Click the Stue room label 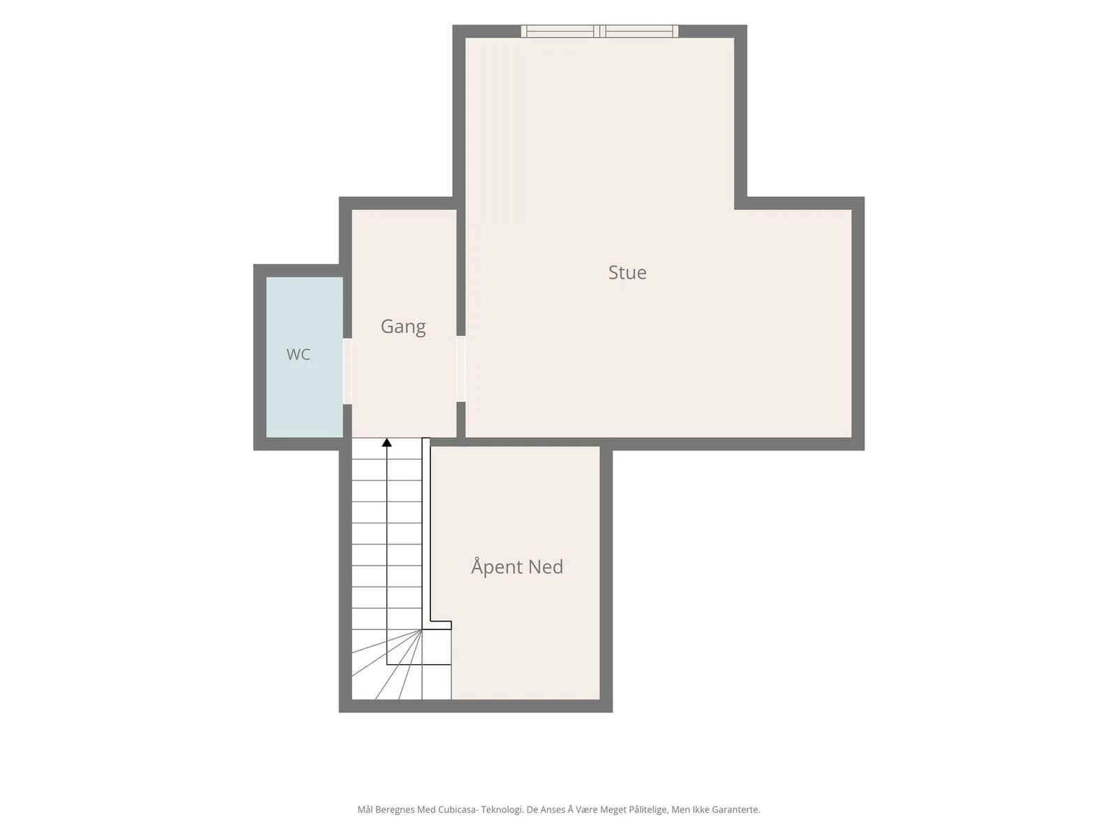pyautogui.click(x=627, y=272)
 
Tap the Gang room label pyautogui.click(x=403, y=327)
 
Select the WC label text pyautogui.click(x=298, y=354)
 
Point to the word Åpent pyautogui.click(x=496, y=566)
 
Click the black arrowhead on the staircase pyautogui.click(x=386, y=442)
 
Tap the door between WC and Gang pyautogui.click(x=347, y=372)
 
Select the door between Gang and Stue pyautogui.click(x=460, y=369)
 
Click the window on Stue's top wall pyautogui.click(x=600, y=31)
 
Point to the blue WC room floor pyautogui.click(x=304, y=387)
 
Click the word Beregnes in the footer pyautogui.click(x=395, y=809)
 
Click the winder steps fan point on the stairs pyautogui.click(x=422, y=629)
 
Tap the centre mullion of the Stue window pyautogui.click(x=600, y=31)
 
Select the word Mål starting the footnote pyautogui.click(x=364, y=809)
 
